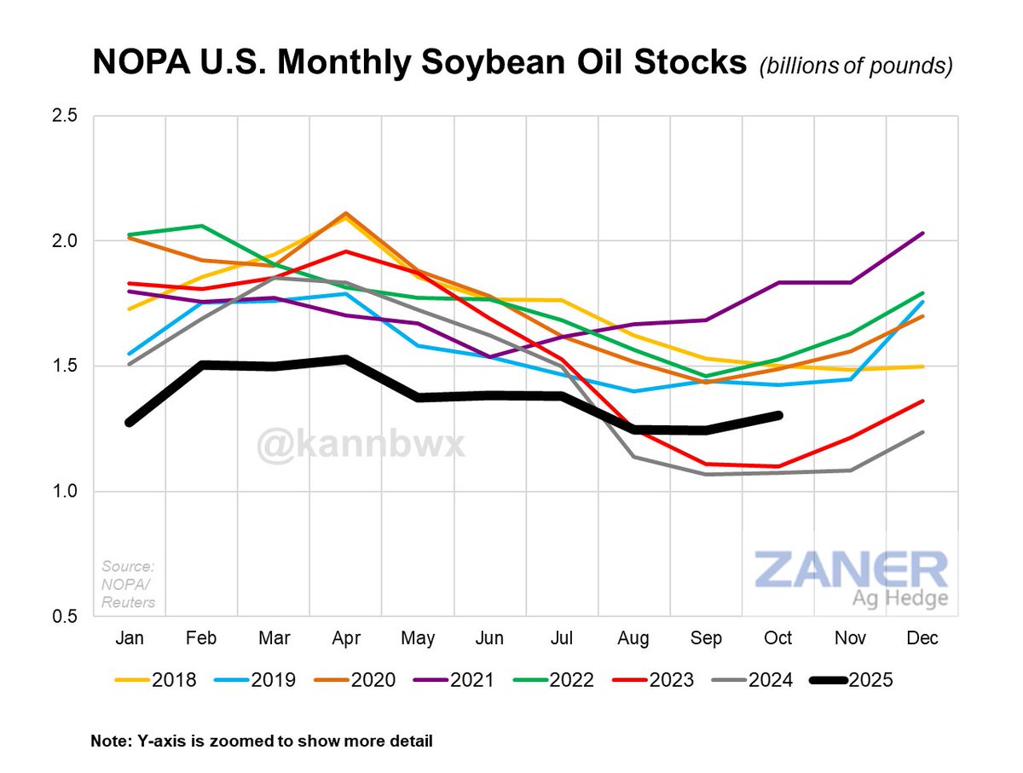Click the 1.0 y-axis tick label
[x=72, y=492]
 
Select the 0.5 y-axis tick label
[x=72, y=617]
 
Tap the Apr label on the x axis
[x=345, y=638]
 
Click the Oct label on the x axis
[x=778, y=638]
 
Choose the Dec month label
[x=922, y=638]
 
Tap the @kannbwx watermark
[x=362, y=443]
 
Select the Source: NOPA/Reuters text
[x=129, y=584]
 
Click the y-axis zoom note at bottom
[x=262, y=741]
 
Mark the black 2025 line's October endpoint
[x=778, y=415]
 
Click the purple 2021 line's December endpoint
[x=923, y=233]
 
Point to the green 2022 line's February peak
[x=201, y=226]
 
